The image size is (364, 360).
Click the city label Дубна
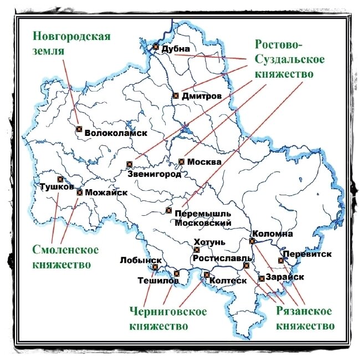click(x=176, y=49)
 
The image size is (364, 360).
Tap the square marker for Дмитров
click(x=176, y=95)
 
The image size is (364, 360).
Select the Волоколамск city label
click(x=115, y=133)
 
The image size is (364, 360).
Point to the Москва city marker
click(x=181, y=161)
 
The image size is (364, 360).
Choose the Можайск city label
click(x=106, y=192)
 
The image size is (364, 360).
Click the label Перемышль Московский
click(x=202, y=218)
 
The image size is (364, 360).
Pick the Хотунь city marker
click(x=196, y=250)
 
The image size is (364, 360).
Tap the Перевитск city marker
click(x=281, y=261)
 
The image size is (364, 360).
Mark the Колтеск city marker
click(x=207, y=275)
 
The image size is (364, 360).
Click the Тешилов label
click(x=158, y=281)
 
